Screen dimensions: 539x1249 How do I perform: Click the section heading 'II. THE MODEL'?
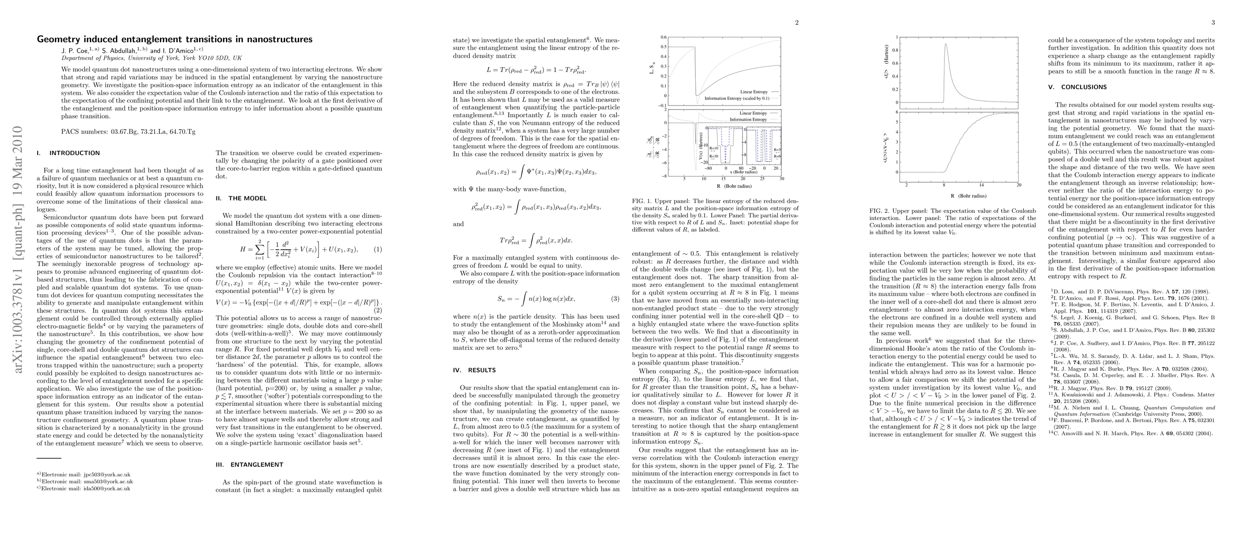tap(241, 198)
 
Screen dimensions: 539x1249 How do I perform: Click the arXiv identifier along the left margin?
tap(18, 250)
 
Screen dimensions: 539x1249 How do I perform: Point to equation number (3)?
tap(615, 299)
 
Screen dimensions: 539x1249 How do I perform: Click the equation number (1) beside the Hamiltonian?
tap(378, 249)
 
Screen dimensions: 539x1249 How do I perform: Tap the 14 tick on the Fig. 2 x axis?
tap(981, 185)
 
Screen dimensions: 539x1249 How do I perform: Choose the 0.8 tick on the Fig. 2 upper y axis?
tap(895, 50)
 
